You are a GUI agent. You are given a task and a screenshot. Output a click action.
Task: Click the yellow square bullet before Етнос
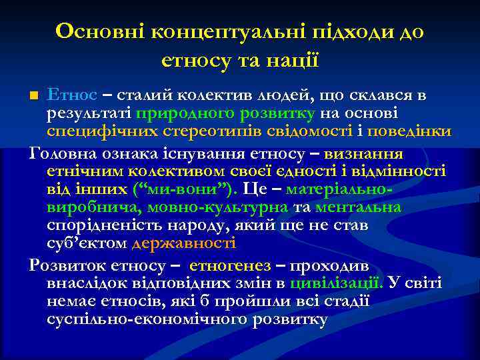(35, 95)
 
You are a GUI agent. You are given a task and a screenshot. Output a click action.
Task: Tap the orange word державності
(184, 243)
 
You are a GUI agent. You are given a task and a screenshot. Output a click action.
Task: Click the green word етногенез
(232, 265)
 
